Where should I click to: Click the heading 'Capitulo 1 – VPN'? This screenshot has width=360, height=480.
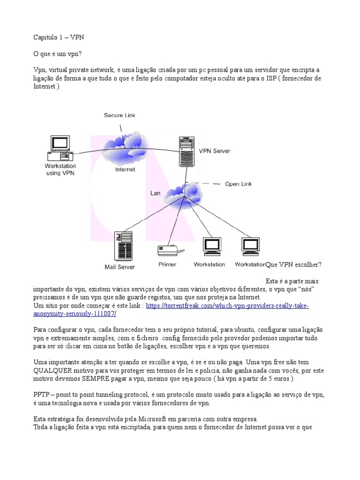[x=59, y=37]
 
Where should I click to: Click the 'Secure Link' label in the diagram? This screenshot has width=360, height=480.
[x=120, y=115]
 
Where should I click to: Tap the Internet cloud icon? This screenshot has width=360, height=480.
[x=124, y=145]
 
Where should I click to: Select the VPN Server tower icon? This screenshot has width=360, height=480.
[x=186, y=151]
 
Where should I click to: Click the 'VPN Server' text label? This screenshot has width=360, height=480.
[x=215, y=151]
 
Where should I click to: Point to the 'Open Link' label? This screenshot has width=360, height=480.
[x=238, y=184]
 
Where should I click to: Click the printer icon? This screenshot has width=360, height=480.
[x=167, y=250]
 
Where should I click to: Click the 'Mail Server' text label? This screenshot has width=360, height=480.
[x=120, y=267]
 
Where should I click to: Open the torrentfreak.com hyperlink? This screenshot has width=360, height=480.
[x=228, y=306]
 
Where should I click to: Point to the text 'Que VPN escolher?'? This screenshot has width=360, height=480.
[x=293, y=265]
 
